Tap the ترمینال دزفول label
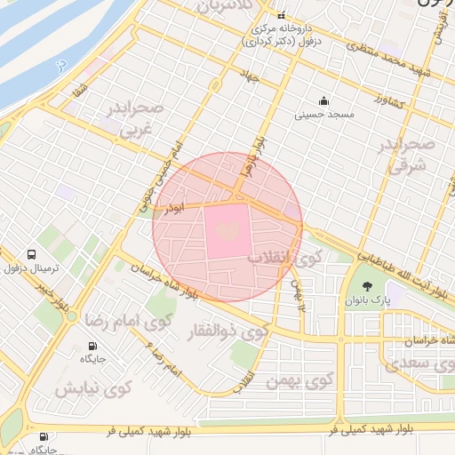33,268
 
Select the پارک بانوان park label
370,300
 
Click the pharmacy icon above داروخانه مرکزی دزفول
281,16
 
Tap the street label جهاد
251,78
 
